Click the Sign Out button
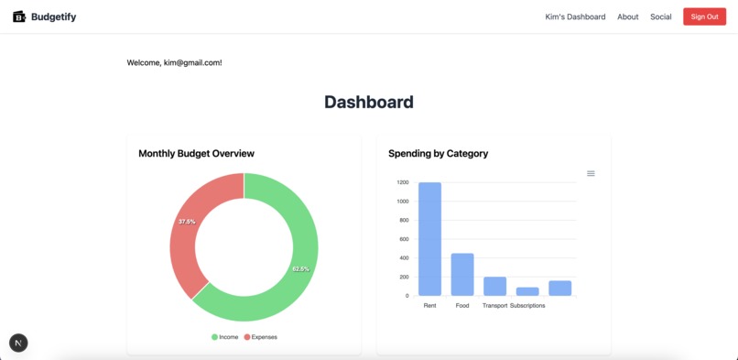[704, 16]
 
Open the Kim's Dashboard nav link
[575, 16]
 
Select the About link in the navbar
[627, 16]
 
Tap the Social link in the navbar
[660, 16]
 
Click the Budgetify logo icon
[18, 16]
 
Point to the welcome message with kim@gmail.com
[174, 62]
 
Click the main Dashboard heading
[368, 102]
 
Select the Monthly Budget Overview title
[196, 153]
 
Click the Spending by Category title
[438, 153]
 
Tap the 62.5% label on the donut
[300, 269]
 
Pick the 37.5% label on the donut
[187, 222]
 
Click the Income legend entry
[225, 337]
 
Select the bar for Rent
[429, 238]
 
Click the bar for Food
[462, 274]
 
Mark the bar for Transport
[494, 286]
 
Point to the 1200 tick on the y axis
[403, 182]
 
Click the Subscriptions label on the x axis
[527, 305]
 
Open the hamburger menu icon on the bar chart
[591, 173]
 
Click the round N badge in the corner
[18, 343]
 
